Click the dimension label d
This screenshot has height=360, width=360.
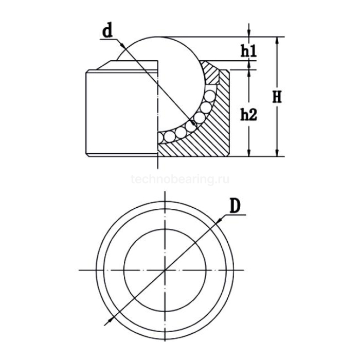(107, 31)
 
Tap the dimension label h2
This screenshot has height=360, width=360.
(248, 115)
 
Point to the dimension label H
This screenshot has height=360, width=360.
(277, 97)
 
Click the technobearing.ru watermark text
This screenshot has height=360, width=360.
(180, 179)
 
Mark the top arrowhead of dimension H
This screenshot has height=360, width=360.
(278, 40)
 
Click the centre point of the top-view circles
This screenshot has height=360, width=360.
(165, 269)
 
